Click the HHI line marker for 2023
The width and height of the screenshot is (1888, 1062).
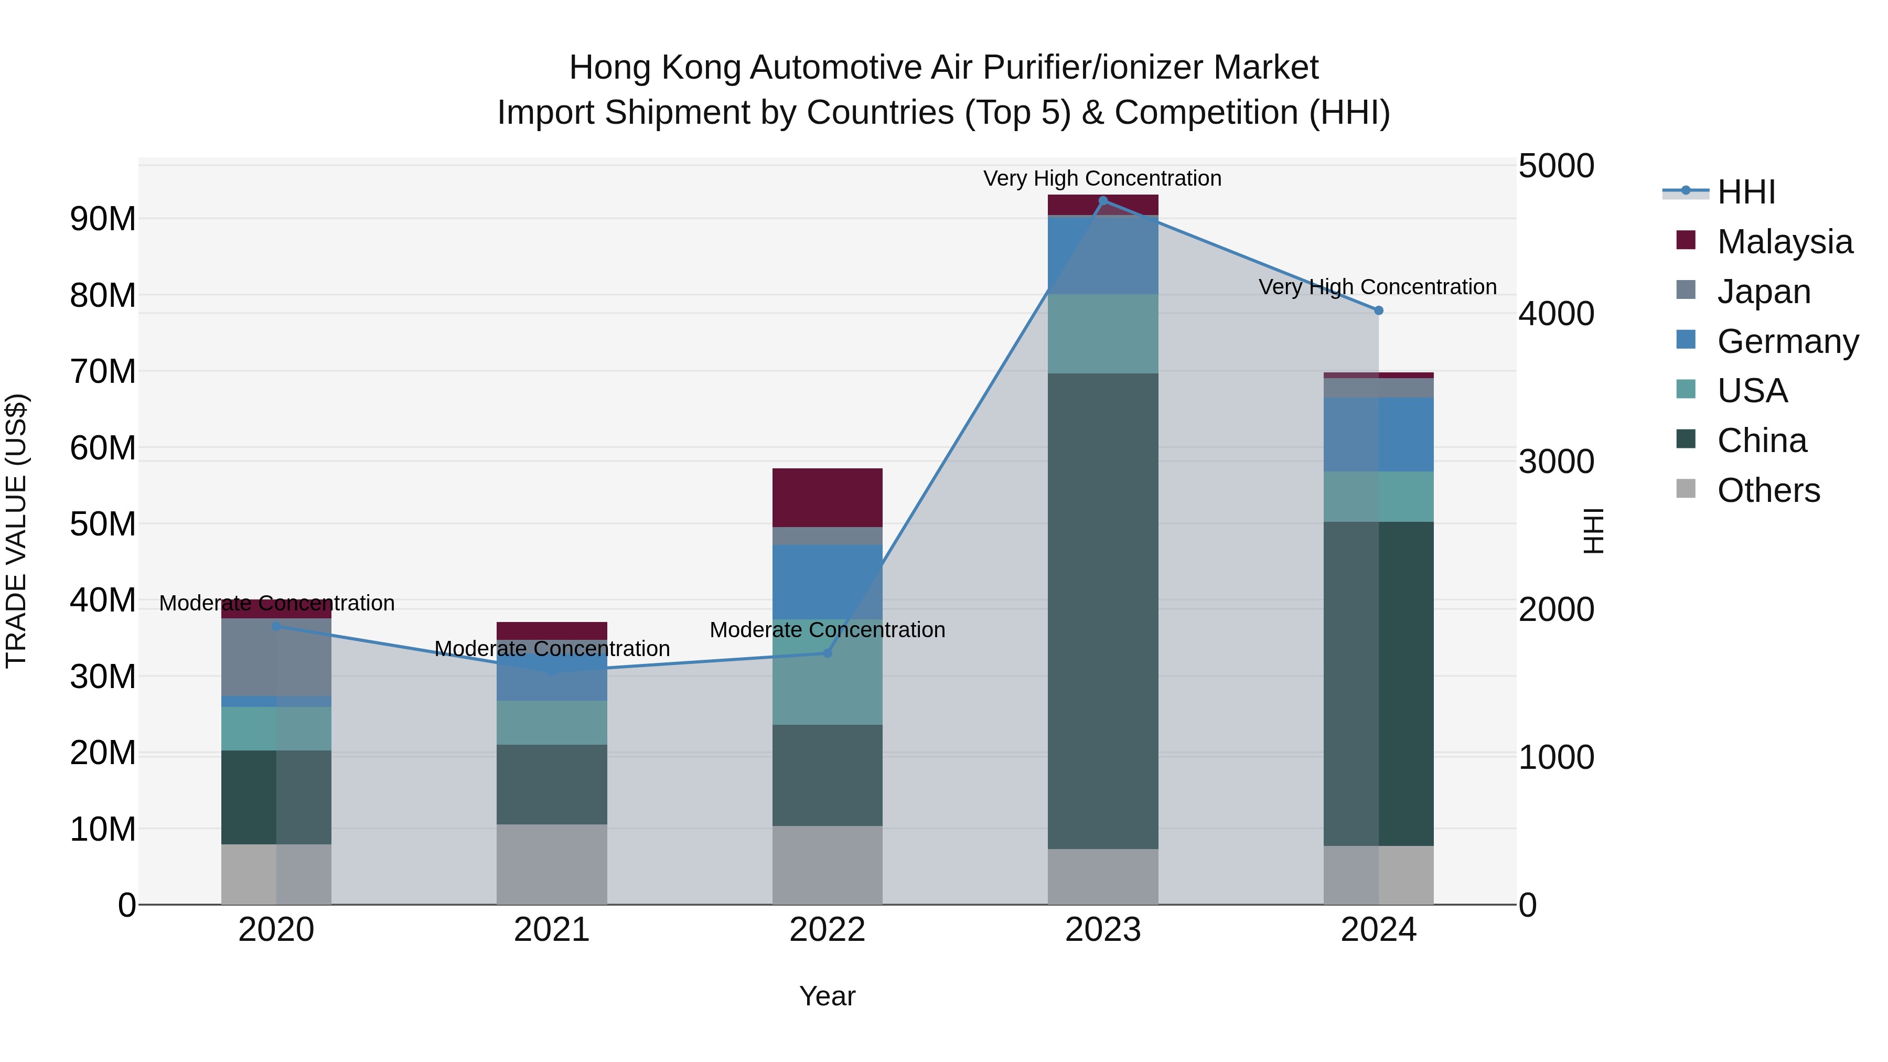click(1103, 201)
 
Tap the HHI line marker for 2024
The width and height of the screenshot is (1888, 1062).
click(1379, 311)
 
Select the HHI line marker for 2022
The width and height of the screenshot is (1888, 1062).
click(828, 653)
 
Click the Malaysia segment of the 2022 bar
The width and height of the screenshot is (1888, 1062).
click(828, 498)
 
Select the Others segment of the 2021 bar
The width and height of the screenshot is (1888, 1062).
click(552, 864)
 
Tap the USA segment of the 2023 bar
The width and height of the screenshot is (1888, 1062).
click(1103, 334)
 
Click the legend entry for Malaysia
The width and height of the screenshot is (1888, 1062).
click(1784, 242)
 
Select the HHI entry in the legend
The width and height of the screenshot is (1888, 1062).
click(1746, 192)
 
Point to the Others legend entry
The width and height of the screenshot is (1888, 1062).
click(1768, 490)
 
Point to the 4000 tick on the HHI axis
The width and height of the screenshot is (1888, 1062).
click(1556, 314)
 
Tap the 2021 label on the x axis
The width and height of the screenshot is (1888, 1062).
click(552, 930)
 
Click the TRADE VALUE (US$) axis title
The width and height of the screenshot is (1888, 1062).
click(16, 531)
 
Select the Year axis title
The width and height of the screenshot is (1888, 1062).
click(828, 996)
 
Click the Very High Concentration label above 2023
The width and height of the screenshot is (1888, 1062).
click(1102, 178)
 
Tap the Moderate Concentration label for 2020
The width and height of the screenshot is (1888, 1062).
click(277, 603)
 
